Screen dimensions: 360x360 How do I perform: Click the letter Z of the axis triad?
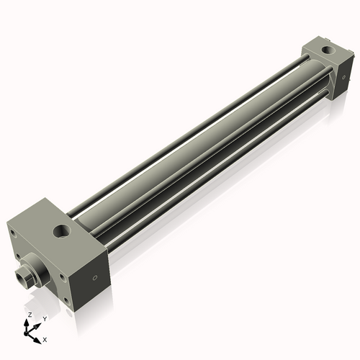(30, 315)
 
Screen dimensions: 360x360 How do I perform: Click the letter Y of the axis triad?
(45, 318)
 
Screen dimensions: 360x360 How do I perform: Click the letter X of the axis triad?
(45, 338)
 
